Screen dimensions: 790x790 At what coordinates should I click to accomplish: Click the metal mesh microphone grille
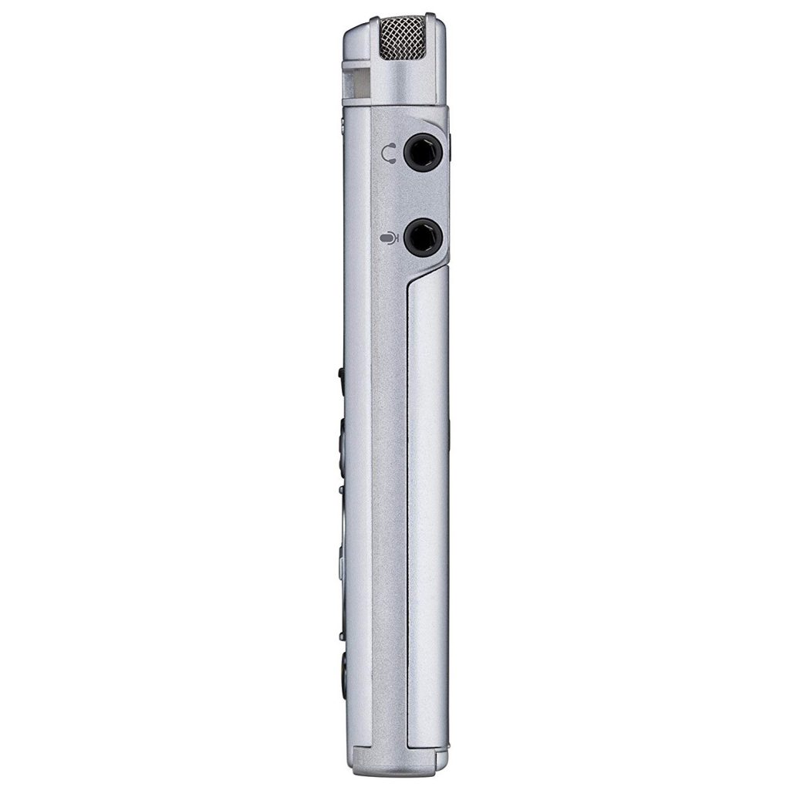(x=402, y=38)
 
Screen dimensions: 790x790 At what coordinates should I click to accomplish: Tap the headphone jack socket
(x=423, y=152)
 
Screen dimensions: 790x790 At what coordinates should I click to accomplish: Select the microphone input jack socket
(x=423, y=237)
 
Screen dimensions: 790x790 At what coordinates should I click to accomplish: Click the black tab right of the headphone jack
(x=451, y=147)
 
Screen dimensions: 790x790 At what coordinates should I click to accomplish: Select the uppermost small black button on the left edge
(x=341, y=374)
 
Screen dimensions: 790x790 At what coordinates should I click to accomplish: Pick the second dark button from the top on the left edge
(x=341, y=444)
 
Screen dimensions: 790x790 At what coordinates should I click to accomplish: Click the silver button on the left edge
(x=341, y=567)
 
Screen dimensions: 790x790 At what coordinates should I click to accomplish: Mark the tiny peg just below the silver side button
(x=341, y=637)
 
